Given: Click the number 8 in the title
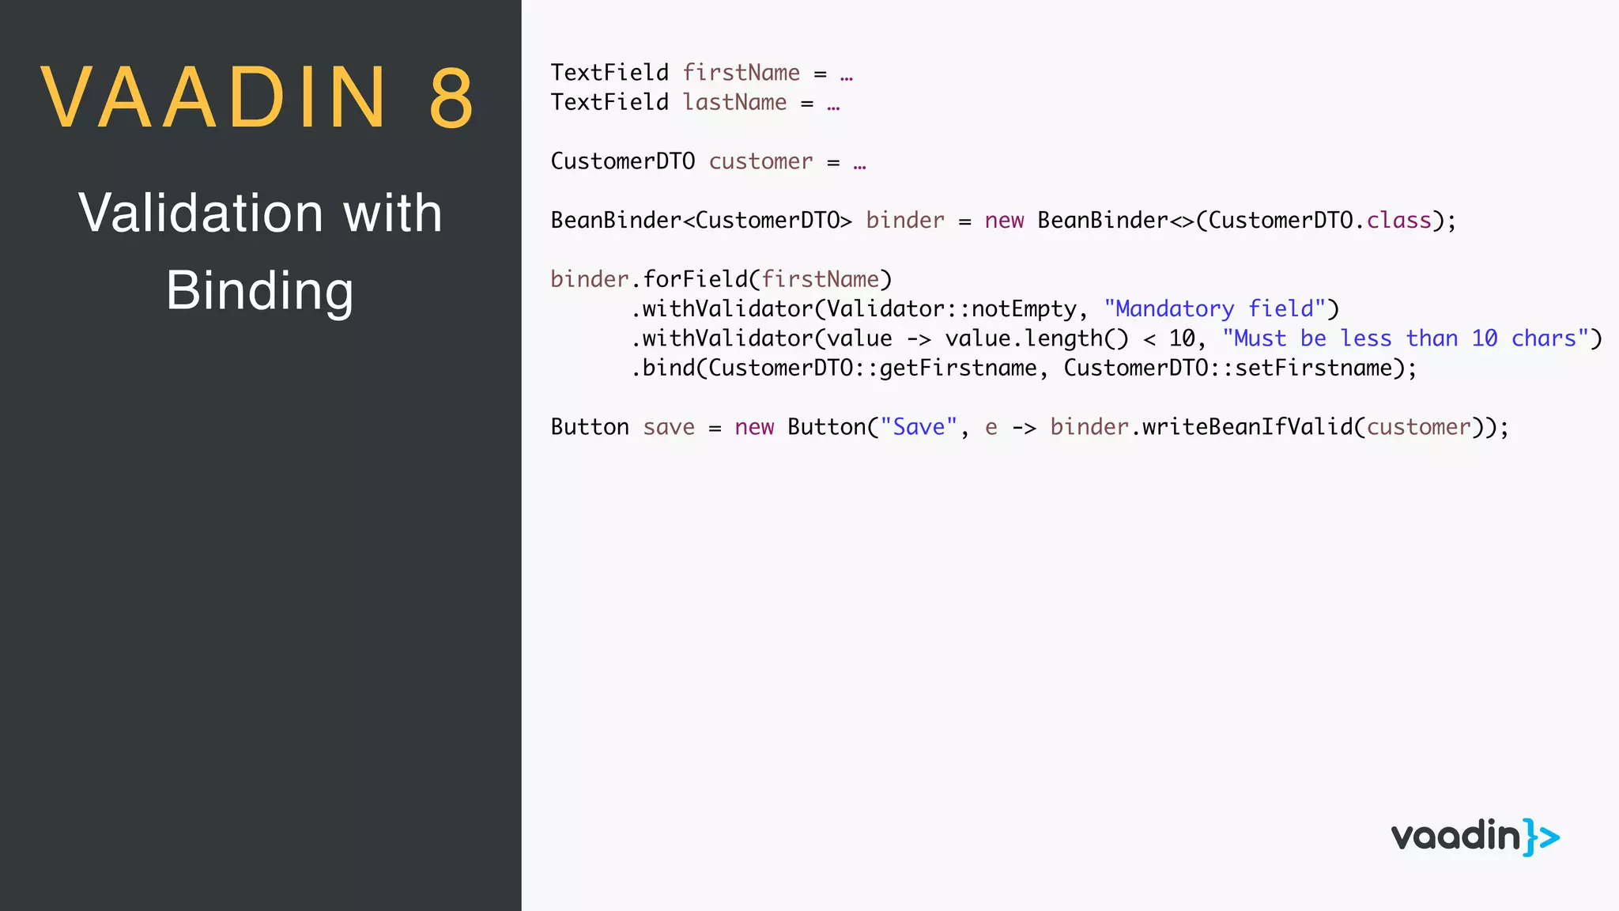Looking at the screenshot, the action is coord(452,98).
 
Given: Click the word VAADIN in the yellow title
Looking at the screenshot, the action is coord(214,98).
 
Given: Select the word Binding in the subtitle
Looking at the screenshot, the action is coord(259,291).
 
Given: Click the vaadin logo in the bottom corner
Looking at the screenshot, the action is coord(1475,837).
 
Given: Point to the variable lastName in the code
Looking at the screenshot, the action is coord(734,103).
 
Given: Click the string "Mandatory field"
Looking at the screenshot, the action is coord(1214,309).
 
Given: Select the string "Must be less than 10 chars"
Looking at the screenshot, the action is coord(1406,338).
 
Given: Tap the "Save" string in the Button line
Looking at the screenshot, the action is coord(919,427).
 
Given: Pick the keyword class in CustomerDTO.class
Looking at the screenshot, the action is coord(1398,221).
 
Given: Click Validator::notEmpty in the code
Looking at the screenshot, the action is coord(951,309).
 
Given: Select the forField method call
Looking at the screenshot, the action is coord(694,279).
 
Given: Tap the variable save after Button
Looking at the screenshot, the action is coord(669,427).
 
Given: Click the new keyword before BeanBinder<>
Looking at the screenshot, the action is coord(1004,221).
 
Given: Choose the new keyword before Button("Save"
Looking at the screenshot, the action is coord(754,427).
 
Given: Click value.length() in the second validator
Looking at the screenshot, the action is coord(1036,338).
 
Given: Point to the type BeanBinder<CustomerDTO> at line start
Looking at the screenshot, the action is coord(701,221).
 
